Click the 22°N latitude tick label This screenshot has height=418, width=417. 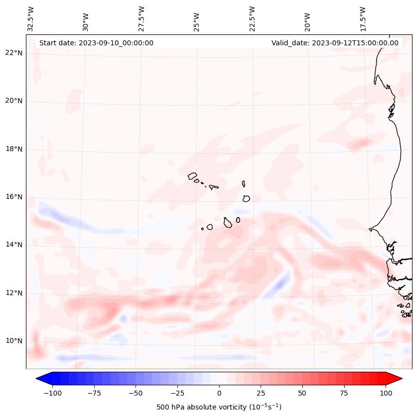point(14,53)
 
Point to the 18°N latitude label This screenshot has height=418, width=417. point(14,149)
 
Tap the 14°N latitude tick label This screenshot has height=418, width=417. point(14,245)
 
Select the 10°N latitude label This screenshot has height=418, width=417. point(14,341)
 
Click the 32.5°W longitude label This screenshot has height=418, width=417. point(31,18)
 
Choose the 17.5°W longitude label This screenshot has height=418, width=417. point(363,18)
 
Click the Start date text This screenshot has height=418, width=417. point(96,43)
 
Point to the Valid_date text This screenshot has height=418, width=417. point(335,43)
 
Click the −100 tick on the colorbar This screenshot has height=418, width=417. point(51,393)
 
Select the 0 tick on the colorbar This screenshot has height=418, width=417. point(219,393)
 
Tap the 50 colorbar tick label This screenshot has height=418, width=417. point(302,393)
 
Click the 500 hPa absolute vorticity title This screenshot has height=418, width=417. point(219,407)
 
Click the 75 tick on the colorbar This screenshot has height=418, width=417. point(344,393)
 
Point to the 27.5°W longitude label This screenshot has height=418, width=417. point(141,18)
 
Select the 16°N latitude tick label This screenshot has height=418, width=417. point(14,197)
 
